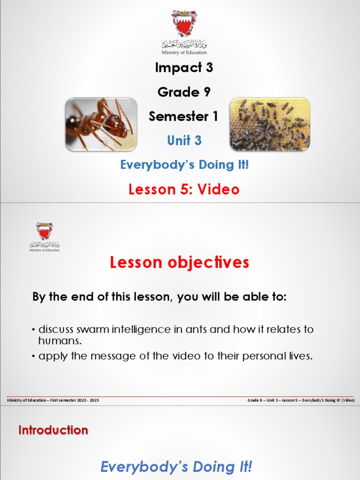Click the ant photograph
(101, 124)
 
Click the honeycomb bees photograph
(270, 124)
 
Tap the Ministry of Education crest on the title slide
(184, 23)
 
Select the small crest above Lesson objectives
(45, 231)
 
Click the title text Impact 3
(184, 67)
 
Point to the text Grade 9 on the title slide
(184, 92)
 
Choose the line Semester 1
(183, 116)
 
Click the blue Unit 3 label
(185, 140)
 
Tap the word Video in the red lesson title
(218, 189)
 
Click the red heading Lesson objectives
(180, 263)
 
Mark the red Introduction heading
(53, 430)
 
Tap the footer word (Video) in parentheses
(348, 400)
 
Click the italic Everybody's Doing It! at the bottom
(177, 467)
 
